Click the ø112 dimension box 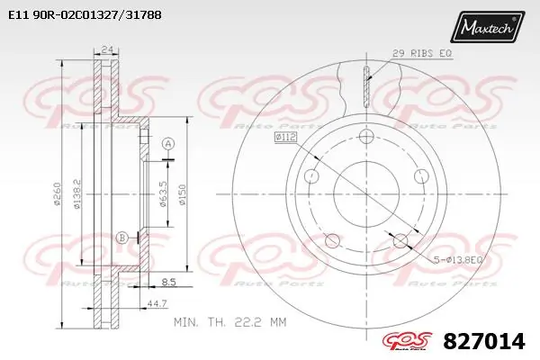point(285,138)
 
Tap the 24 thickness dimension point(108,49)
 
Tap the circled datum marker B point(121,237)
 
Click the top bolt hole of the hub point(365,137)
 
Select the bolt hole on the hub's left point(311,175)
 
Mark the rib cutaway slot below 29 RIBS point(366,87)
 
